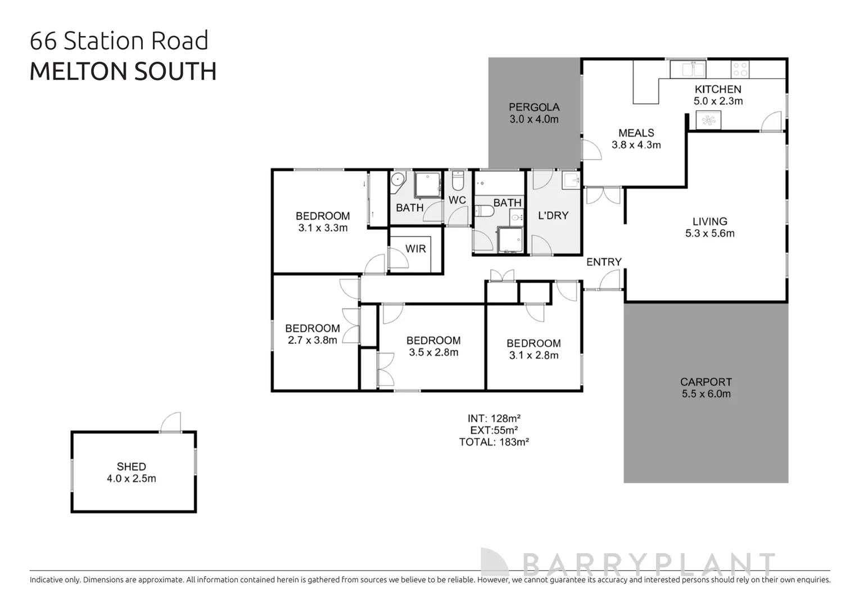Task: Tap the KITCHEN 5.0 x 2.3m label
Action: (x=718, y=95)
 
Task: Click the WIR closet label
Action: (x=415, y=248)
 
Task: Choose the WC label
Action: (x=457, y=200)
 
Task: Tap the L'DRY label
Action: (x=553, y=215)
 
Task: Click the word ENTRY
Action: (x=604, y=262)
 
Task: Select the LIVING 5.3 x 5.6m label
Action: (x=709, y=227)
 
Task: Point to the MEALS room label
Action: (x=636, y=138)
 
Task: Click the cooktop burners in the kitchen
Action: (x=740, y=70)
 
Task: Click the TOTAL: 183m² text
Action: (x=494, y=442)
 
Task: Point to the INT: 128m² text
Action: (x=494, y=418)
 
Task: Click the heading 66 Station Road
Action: (x=119, y=41)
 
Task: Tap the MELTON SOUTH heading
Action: (x=123, y=71)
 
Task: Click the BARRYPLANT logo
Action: (x=628, y=563)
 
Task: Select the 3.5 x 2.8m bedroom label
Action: (x=433, y=346)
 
